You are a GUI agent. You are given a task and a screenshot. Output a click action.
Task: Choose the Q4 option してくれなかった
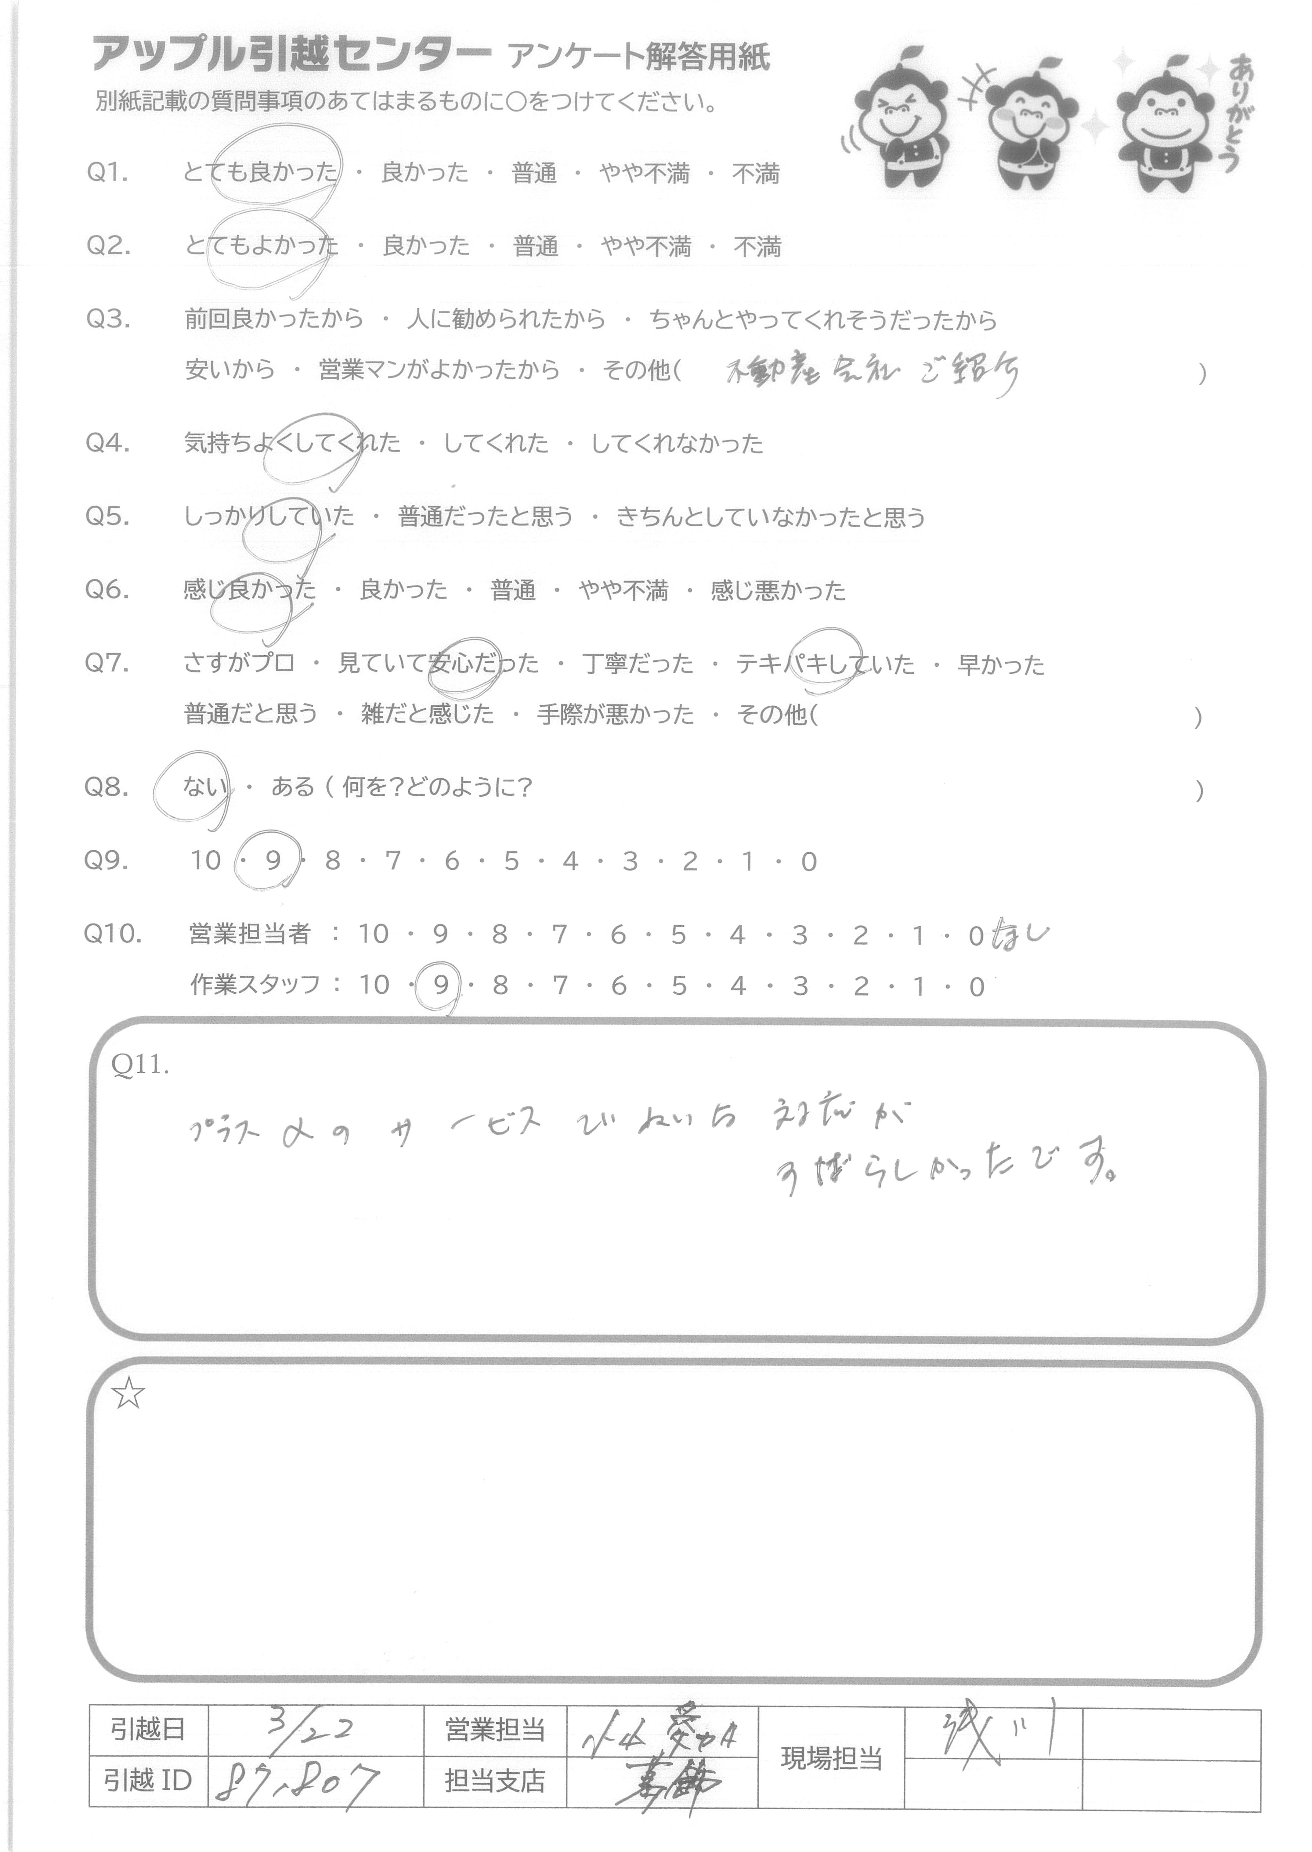click(677, 443)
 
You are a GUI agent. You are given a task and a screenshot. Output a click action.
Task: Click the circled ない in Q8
click(204, 787)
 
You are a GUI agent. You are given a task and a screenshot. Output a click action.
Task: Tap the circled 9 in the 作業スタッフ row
click(440, 985)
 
